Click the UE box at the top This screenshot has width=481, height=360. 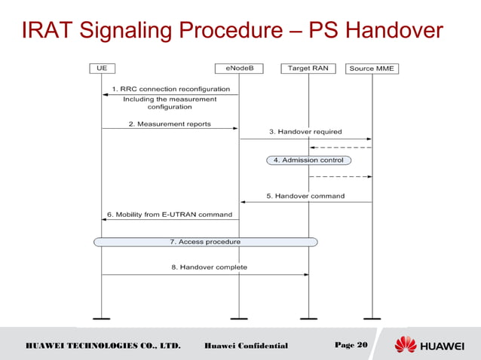(102, 68)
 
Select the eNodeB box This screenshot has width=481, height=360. (239, 68)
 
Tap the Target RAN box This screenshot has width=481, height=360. (308, 68)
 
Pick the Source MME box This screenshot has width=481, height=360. (372, 69)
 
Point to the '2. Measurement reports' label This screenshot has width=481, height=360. (170, 124)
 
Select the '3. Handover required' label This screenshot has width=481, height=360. (305, 132)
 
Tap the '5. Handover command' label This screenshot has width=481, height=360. (305, 196)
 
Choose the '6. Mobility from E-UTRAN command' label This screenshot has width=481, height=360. (169, 215)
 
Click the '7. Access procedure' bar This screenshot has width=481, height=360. (205, 242)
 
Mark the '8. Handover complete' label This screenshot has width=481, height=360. (209, 267)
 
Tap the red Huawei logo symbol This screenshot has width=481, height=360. (405, 345)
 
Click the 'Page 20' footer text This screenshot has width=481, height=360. (351, 345)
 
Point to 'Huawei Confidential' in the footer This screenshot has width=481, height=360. (246, 346)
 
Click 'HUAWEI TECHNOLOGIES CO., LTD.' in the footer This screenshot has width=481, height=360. (103, 346)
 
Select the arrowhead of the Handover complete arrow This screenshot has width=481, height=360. (305, 274)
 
